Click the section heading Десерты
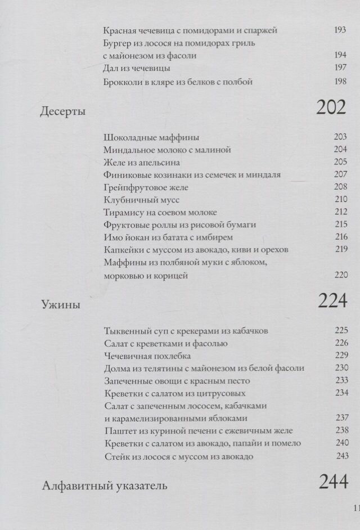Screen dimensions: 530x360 pos(63,112)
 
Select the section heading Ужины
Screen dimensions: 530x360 pos(61,306)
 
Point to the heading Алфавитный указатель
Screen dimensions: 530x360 pos(104,486)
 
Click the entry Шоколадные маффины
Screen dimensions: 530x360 pos(152,137)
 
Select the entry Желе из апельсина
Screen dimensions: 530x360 pos(142,163)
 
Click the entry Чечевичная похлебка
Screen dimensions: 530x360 pos(147,356)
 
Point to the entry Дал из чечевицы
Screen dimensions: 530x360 pos(137,68)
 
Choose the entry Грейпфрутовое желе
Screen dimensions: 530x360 pos(146,187)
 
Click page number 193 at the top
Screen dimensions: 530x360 pos(340,30)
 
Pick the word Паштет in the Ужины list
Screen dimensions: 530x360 pos(120,431)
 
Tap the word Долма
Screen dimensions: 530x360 pos(117,368)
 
